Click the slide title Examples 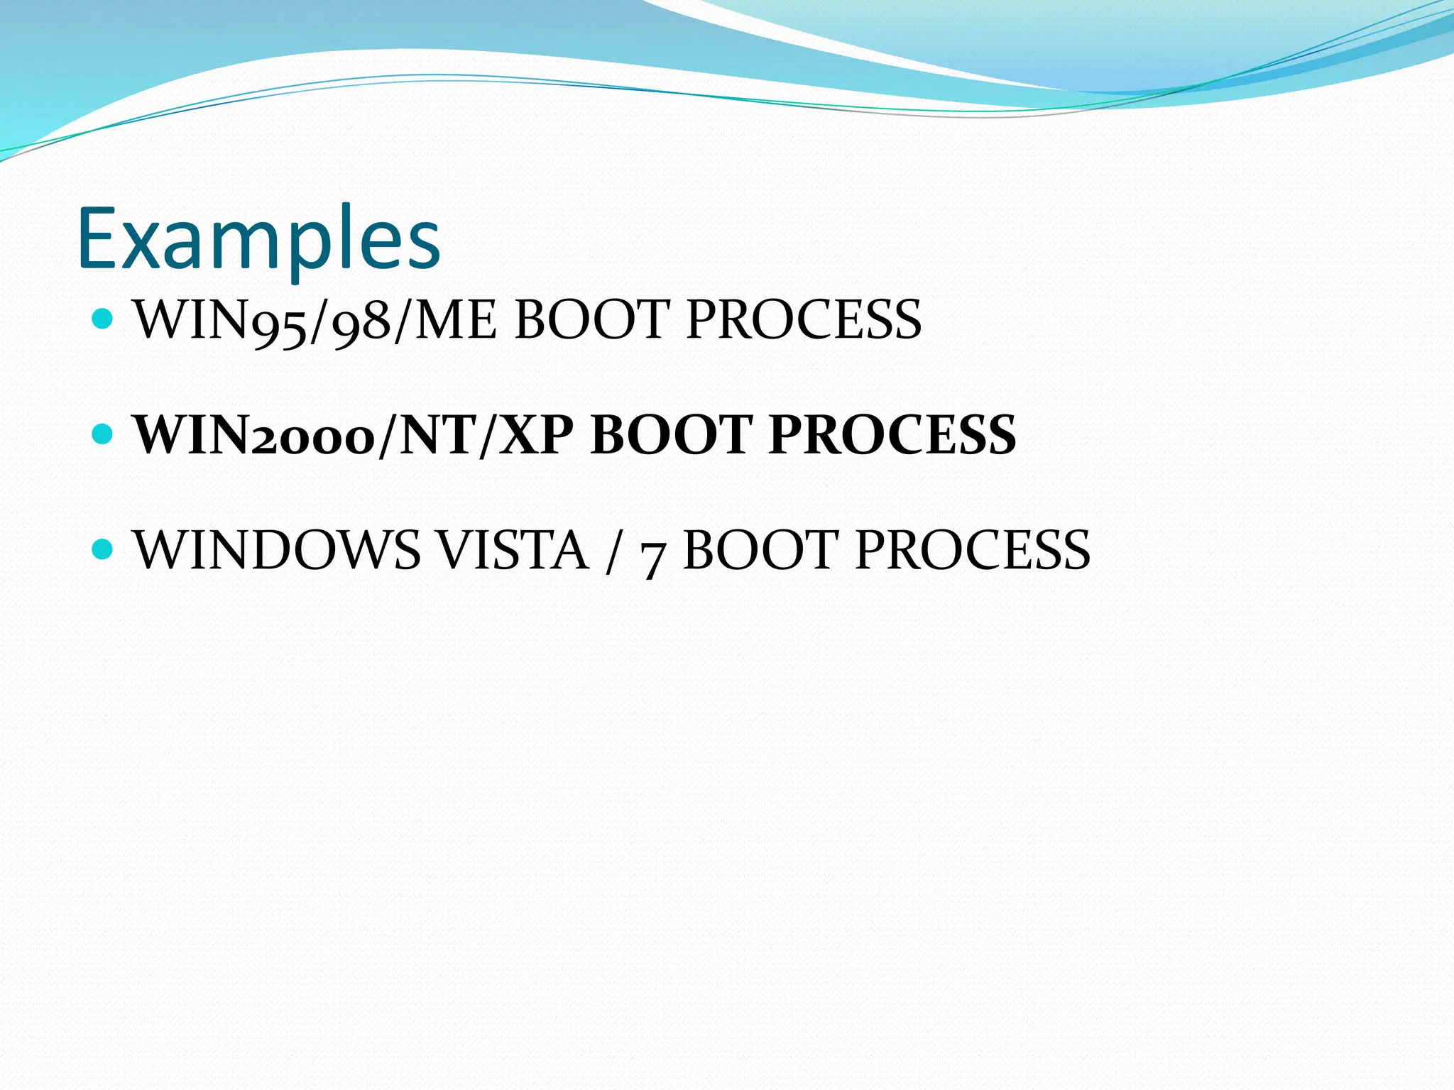point(258,239)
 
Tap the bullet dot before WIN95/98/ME point(104,317)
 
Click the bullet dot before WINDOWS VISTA point(104,548)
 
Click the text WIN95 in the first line point(219,321)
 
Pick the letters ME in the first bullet point(454,321)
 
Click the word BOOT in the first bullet point(591,321)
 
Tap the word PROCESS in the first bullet point(804,321)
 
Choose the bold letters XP point(535,435)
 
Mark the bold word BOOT point(672,435)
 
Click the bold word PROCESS point(892,435)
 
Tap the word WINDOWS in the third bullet point(278,551)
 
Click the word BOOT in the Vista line point(761,551)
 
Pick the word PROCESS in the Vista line point(973,551)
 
